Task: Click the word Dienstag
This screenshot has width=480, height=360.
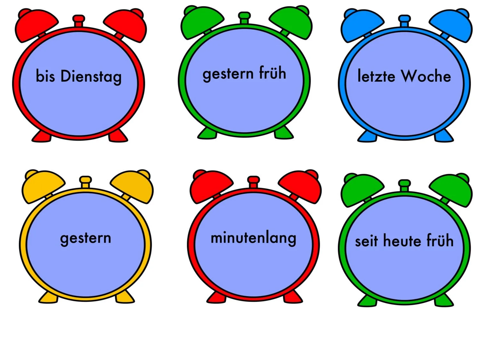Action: click(x=91, y=77)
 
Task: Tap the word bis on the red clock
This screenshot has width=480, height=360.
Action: click(x=45, y=76)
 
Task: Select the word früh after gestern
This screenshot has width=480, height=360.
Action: click(x=272, y=73)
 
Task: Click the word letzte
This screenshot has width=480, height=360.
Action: click(x=376, y=76)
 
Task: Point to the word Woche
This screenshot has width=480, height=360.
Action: click(x=426, y=76)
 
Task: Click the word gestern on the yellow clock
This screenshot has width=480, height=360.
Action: click(x=85, y=238)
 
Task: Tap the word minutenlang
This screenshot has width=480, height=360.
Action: click(x=253, y=238)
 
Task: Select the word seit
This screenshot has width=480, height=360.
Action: click(x=366, y=241)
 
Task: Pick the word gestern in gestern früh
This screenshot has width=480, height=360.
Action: click(x=228, y=74)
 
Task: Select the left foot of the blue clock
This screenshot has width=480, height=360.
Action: click(x=367, y=136)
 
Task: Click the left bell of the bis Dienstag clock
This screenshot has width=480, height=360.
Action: click(x=36, y=26)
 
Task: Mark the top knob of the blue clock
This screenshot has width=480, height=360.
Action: click(x=404, y=20)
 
